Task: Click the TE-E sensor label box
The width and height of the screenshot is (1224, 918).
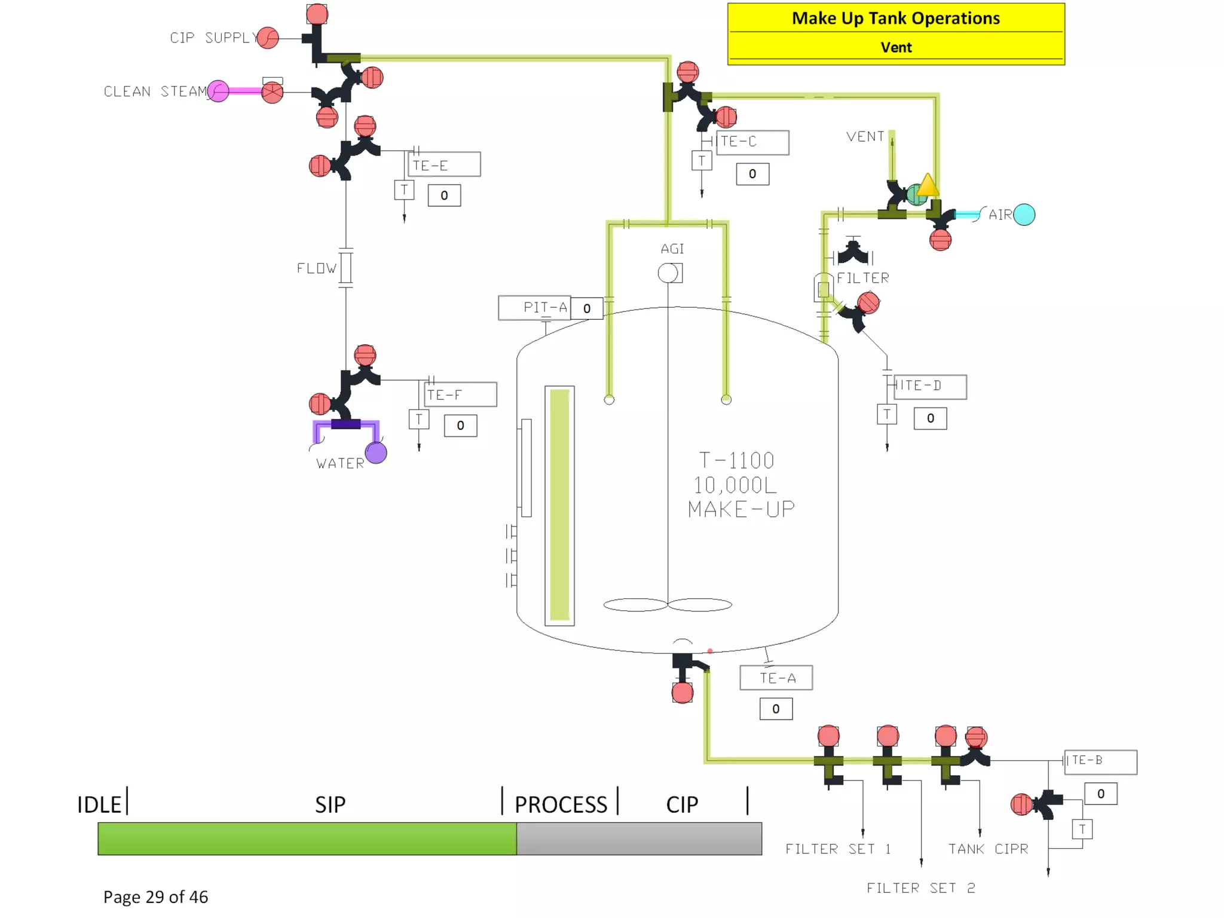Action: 444,164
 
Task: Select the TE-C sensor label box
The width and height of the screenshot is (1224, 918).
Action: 752,142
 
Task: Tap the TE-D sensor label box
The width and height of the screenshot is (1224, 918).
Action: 930,386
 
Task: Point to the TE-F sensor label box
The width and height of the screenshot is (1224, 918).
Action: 460,394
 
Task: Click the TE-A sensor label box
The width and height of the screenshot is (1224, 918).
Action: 776,678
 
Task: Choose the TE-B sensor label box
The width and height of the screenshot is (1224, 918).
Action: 1100,761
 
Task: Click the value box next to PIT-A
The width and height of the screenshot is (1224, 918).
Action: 587,308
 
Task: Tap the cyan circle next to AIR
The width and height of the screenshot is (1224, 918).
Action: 1024,215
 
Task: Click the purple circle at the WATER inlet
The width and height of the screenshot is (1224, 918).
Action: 376,452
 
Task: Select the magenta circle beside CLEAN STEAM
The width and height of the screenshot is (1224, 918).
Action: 218,91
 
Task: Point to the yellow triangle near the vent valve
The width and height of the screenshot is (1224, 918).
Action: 928,185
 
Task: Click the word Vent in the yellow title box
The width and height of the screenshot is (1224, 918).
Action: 896,47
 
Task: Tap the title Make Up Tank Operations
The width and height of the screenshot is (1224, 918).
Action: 896,19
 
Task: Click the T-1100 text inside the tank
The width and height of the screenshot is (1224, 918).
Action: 736,460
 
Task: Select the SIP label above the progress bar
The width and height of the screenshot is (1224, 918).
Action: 330,804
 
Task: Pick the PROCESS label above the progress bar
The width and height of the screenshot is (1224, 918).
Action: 561,804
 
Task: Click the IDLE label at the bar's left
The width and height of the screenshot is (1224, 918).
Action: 99,804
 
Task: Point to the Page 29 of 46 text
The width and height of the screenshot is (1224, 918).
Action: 155,896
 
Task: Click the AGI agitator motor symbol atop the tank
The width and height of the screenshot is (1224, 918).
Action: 669,273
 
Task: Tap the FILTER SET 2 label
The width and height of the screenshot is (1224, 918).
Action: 921,888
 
